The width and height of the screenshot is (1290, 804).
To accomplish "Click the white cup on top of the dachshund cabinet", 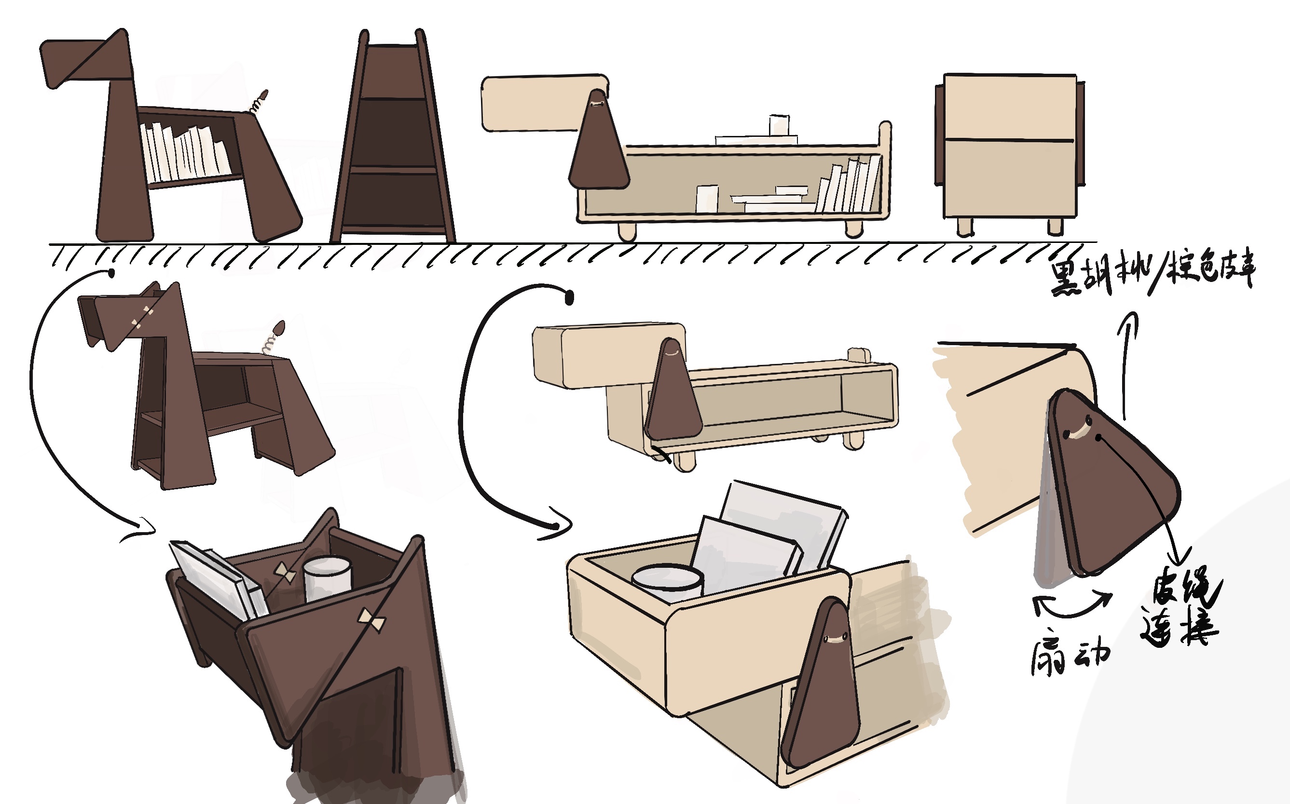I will point(779,125).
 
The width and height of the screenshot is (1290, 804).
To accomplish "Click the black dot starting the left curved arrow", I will point(112,273).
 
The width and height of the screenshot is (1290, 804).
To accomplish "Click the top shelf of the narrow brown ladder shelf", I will point(392,72).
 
